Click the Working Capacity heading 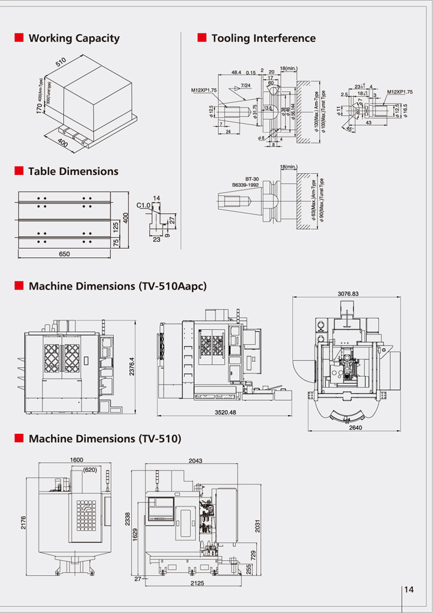[x=74, y=38]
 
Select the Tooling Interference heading [x=263, y=38]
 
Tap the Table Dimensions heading [x=73, y=171]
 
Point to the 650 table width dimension [x=64, y=254]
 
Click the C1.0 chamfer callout [x=143, y=206]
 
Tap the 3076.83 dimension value [x=348, y=294]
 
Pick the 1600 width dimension [x=76, y=460]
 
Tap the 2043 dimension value [x=196, y=460]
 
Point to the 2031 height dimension [x=258, y=525]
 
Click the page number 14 [x=410, y=590]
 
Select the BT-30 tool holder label [x=251, y=179]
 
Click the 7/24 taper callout [x=245, y=85]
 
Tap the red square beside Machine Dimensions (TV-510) [x=19, y=438]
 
